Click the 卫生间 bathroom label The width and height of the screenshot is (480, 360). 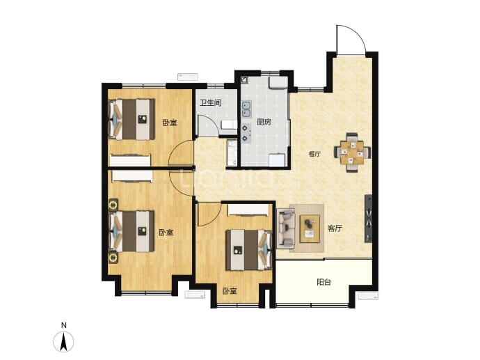point(211,102)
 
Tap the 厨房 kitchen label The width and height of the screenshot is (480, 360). point(264,123)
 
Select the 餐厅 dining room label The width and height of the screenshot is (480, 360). point(314,154)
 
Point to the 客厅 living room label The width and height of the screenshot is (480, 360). point(335,228)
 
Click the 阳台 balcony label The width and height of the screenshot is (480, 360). point(324,282)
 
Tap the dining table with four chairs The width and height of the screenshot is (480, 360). point(352,152)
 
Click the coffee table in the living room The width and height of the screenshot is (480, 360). point(310,228)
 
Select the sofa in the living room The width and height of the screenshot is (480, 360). point(286,228)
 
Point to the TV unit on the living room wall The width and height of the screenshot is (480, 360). point(368,219)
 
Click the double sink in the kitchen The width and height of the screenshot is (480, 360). point(246,109)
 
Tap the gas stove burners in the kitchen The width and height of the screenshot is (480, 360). point(246,133)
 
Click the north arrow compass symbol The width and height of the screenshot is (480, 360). point(64,342)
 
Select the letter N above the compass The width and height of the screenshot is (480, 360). point(64,325)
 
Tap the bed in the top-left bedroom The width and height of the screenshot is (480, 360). point(131,119)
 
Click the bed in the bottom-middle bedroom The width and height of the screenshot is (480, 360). point(249,250)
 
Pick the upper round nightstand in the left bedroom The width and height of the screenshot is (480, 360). point(113,204)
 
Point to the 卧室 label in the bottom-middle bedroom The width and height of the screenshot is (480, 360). point(230,291)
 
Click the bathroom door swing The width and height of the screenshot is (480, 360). point(208,126)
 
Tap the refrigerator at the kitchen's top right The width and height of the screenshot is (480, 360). point(278,83)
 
